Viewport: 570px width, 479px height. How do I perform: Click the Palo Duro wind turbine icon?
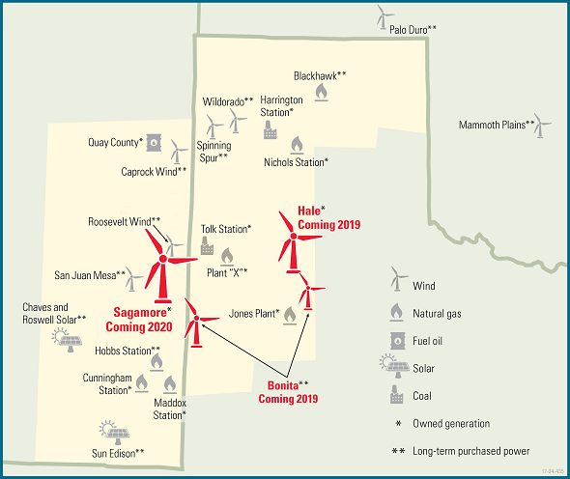point(383,16)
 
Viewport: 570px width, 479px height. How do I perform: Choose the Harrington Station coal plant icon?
point(270,130)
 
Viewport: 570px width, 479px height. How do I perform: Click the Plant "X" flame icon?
point(227,256)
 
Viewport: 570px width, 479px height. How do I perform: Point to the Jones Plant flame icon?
point(289,314)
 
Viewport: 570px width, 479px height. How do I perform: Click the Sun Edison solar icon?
point(109,429)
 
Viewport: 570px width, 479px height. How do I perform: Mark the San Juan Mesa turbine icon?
point(135,279)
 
